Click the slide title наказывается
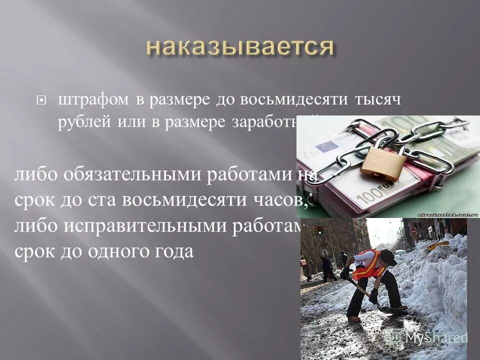coord(240,47)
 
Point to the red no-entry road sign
coord(413,231)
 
